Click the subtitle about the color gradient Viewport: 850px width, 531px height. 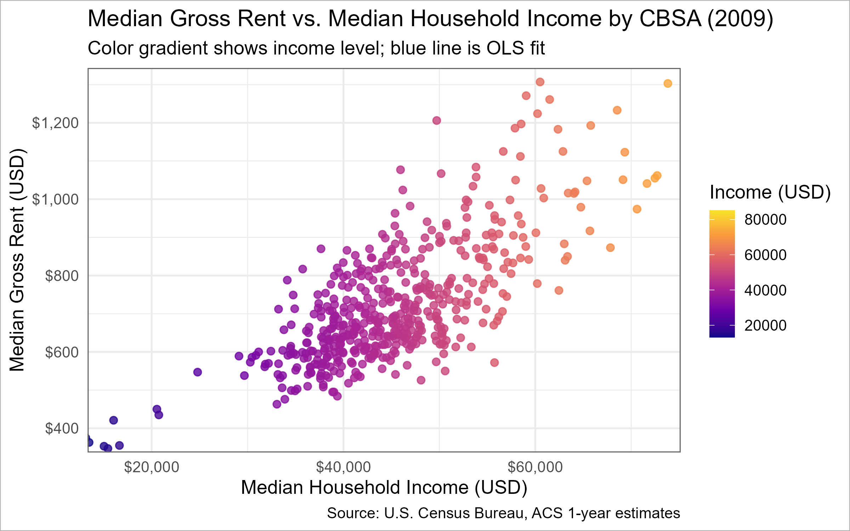[x=316, y=48]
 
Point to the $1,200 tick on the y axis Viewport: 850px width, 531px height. [x=55, y=123]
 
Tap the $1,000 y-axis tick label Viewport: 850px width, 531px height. [x=55, y=199]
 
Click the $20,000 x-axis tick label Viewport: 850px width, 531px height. [x=152, y=467]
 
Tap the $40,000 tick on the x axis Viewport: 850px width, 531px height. [x=343, y=467]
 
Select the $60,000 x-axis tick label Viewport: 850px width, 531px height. [x=535, y=467]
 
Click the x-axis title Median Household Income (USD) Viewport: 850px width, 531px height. [x=384, y=487]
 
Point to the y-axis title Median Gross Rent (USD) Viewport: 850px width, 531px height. [x=17, y=260]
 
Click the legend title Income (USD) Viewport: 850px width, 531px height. [x=770, y=193]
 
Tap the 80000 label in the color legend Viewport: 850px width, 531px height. [x=765, y=219]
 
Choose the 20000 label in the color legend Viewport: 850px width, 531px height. [x=765, y=325]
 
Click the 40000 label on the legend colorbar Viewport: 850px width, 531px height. [x=765, y=290]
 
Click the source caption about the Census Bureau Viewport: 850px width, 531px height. [x=503, y=513]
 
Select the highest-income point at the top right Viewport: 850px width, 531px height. [x=668, y=84]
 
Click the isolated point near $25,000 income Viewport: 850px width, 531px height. [x=198, y=372]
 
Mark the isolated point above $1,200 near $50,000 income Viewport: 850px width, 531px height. [x=437, y=120]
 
